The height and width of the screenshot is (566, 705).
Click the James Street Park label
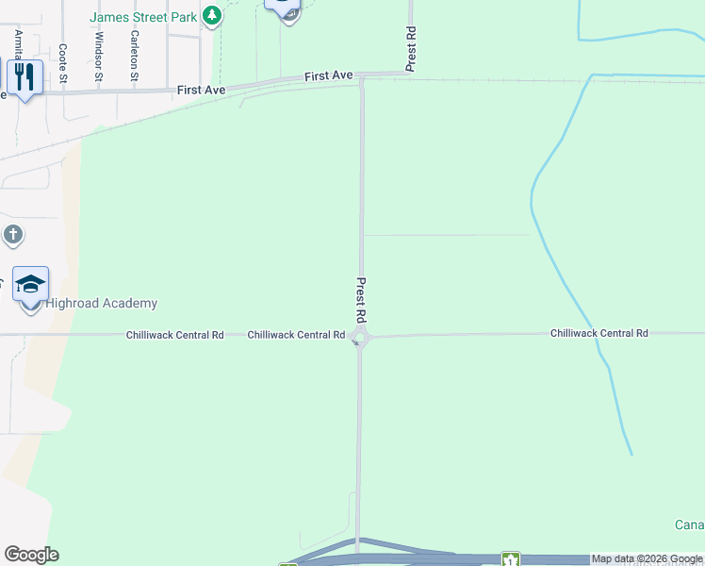point(143,16)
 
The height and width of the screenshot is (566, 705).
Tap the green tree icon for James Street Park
point(213,15)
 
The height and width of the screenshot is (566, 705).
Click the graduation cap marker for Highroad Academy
point(30,285)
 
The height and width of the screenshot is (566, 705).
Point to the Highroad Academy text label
point(102,303)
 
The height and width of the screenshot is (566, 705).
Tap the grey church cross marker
point(12,234)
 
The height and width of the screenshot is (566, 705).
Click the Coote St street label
point(63,61)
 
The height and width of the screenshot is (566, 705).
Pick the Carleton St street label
point(136,61)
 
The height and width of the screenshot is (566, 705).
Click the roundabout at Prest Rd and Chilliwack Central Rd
point(359,337)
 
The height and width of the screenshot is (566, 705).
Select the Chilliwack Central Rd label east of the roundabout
point(599,333)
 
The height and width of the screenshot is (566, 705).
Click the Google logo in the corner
point(31,555)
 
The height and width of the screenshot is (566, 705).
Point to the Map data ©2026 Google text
point(647,559)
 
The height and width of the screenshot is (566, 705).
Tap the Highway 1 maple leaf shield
point(510,560)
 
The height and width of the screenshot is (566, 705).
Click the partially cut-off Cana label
point(689,524)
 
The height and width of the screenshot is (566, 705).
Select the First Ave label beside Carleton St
point(201,90)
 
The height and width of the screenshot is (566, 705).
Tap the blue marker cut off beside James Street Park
point(283,8)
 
